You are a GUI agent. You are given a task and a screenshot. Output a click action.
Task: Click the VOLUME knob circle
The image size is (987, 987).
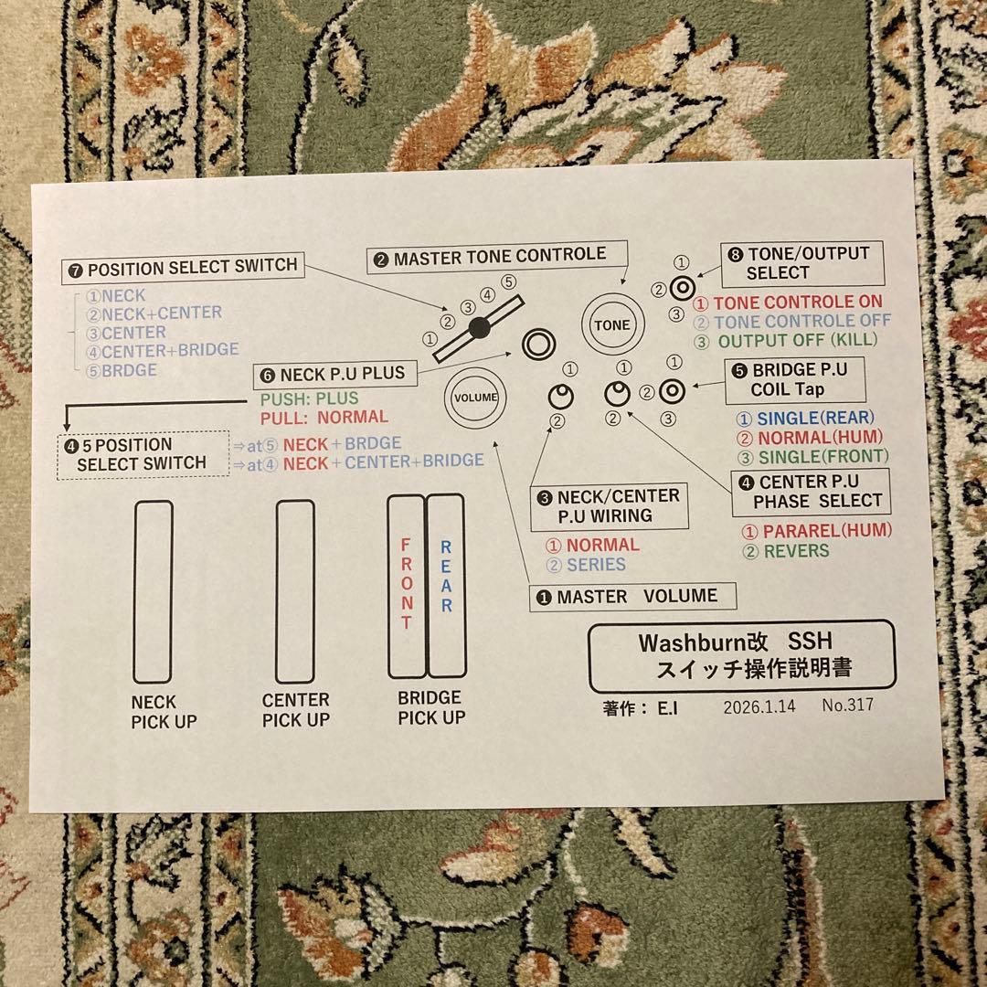(474, 398)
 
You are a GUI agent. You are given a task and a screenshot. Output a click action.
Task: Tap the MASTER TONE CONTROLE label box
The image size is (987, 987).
(498, 258)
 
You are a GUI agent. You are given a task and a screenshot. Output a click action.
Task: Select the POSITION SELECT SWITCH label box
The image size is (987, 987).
(182, 267)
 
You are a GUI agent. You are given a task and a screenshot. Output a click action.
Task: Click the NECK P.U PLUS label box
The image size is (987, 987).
(334, 374)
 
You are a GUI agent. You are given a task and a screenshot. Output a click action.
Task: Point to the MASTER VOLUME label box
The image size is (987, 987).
(632, 597)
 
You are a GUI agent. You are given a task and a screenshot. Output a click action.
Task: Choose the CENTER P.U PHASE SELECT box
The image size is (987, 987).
(808, 492)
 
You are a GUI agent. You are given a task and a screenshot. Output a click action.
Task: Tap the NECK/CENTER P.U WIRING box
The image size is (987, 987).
(610, 505)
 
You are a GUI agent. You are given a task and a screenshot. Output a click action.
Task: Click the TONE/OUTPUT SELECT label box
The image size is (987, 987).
(801, 263)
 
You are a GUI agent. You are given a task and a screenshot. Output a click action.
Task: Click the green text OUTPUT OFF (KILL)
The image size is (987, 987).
(797, 341)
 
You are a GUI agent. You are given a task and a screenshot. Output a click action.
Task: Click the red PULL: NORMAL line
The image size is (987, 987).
(324, 418)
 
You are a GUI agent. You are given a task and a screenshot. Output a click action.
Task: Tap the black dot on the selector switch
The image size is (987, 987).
(476, 327)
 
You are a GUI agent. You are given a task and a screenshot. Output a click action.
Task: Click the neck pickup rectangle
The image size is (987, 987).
(153, 591)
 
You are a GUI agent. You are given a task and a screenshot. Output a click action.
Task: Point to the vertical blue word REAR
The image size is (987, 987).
(446, 578)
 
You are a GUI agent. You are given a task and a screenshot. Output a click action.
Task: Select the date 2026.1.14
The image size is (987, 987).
(759, 706)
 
